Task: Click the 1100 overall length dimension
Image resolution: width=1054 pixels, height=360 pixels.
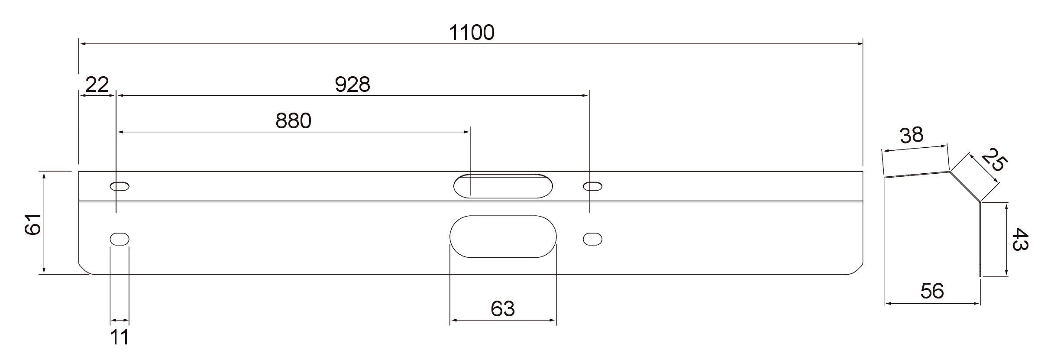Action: (x=472, y=33)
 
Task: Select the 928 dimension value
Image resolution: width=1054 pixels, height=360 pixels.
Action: (x=352, y=84)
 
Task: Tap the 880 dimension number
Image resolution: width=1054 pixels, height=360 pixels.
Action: (x=294, y=121)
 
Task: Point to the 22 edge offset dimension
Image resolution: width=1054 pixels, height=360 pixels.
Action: (x=97, y=84)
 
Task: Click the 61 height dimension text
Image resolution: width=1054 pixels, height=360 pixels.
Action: (x=33, y=224)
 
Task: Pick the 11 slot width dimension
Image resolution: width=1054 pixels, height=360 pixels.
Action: (x=119, y=337)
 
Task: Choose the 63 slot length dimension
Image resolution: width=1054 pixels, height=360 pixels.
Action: (x=503, y=309)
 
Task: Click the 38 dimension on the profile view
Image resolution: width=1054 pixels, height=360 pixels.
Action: (x=912, y=136)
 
